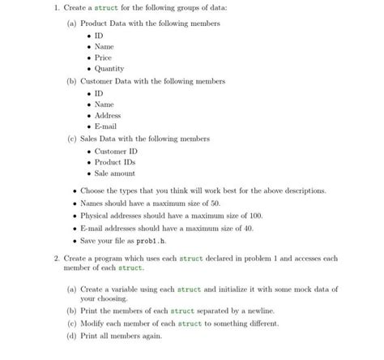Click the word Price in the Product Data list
coord(103,58)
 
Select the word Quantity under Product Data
coord(109,69)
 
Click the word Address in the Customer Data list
coord(108,115)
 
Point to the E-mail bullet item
coord(106,126)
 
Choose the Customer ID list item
coord(116,151)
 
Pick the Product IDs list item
coord(114,162)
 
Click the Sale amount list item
coord(115,174)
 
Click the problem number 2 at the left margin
coord(47,259)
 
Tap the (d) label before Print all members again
coord(72,336)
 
